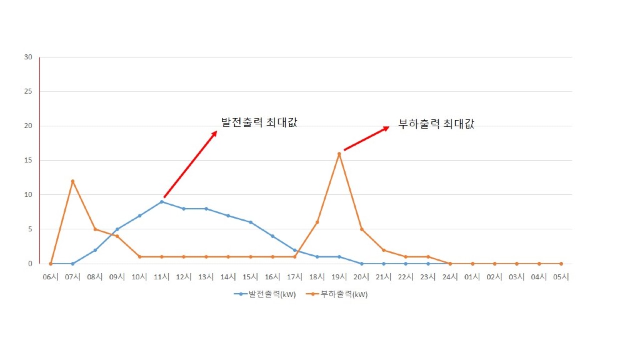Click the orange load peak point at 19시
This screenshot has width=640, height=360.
coord(339,154)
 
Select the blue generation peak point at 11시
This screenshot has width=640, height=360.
coord(162,201)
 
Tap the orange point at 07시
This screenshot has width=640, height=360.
coord(72,181)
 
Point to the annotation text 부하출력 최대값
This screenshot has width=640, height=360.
coord(436,124)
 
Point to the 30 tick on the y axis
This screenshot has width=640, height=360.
coord(28,57)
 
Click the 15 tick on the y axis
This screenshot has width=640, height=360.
coord(28,161)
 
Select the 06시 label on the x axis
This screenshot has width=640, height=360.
coord(51,276)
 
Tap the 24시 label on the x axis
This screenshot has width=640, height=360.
coord(450,276)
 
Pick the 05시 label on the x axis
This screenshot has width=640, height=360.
coord(561,276)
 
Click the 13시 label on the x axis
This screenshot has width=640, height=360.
coord(206,276)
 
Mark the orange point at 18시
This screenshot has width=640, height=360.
coord(317,222)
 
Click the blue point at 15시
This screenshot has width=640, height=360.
coord(251,222)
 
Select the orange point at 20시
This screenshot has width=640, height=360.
coord(361,229)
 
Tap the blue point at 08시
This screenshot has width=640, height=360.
coord(95,250)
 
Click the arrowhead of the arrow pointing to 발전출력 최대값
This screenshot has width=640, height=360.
coord(215,133)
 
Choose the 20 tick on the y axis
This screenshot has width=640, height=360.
coord(28,126)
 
